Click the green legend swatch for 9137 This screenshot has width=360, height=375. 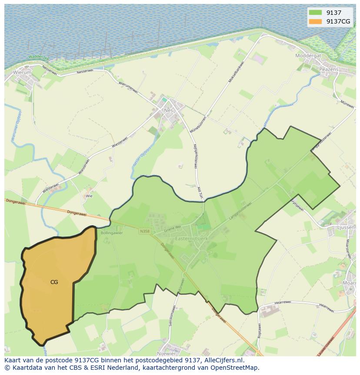point(315,13)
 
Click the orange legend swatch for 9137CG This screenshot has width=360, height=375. point(315,21)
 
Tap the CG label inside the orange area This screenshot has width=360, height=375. point(54,282)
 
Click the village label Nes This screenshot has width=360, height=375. point(168,111)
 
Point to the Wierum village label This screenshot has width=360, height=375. point(22,72)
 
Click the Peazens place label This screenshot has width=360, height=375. point(328,69)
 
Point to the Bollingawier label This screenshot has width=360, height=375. point(112,233)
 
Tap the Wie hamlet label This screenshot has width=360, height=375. point(89,196)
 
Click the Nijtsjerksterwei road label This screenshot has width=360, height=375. point(194,158)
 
